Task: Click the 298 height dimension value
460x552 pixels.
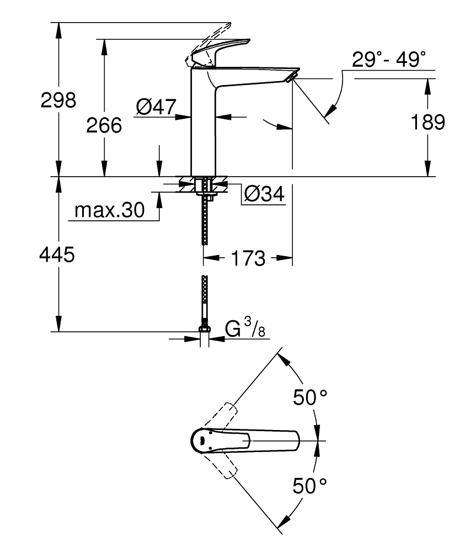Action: pyautogui.click(x=58, y=100)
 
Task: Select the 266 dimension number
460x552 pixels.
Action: pyautogui.click(x=104, y=126)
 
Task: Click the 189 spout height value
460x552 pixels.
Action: pyautogui.click(x=427, y=123)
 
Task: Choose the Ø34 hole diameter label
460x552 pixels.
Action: pyautogui.click(x=263, y=194)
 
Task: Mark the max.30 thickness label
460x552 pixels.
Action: pyautogui.click(x=109, y=210)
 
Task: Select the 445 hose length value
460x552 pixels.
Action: pyautogui.click(x=57, y=255)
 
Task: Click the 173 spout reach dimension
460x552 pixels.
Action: pyautogui.click(x=248, y=258)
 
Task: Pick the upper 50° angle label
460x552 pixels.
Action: pyautogui.click(x=309, y=397)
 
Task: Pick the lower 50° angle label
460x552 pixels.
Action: pyautogui.click(x=309, y=486)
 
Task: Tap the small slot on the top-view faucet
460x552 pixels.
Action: pyautogui.click(x=202, y=440)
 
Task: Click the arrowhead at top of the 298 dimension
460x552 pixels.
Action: pyautogui.click(x=58, y=27)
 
